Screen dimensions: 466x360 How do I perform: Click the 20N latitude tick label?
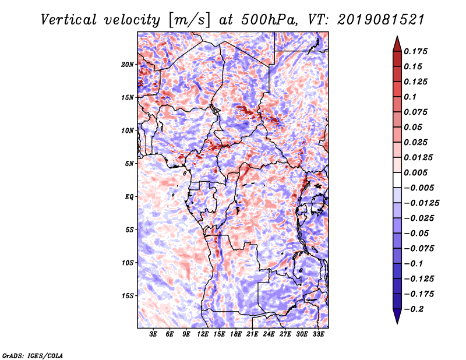[128, 65]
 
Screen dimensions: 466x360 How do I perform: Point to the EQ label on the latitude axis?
[129, 197]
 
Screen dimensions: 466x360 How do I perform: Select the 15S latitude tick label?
[128, 296]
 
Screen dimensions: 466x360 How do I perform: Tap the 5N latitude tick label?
[129, 164]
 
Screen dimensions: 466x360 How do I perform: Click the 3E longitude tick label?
[153, 334]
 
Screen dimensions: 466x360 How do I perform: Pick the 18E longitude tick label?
[236, 334]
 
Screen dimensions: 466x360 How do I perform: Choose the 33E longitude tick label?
[318, 334]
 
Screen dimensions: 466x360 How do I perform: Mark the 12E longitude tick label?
[203, 334]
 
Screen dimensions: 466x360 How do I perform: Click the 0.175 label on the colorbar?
[415, 51]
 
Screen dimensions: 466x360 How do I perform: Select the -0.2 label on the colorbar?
[414, 309]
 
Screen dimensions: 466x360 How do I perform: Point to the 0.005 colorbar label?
[415, 172]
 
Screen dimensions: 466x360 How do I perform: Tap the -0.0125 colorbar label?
[421, 203]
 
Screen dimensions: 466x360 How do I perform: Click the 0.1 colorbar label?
[410, 97]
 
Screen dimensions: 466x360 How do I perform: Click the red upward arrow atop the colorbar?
[397, 44]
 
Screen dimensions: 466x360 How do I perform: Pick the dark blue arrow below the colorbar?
[397, 316]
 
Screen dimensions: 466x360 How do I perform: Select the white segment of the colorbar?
[397, 180]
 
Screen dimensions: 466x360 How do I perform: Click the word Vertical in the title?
[69, 20]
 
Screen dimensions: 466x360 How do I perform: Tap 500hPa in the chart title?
[269, 20]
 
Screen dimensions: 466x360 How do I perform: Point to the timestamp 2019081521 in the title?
[381, 20]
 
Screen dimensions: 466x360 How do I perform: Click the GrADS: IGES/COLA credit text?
[33, 355]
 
